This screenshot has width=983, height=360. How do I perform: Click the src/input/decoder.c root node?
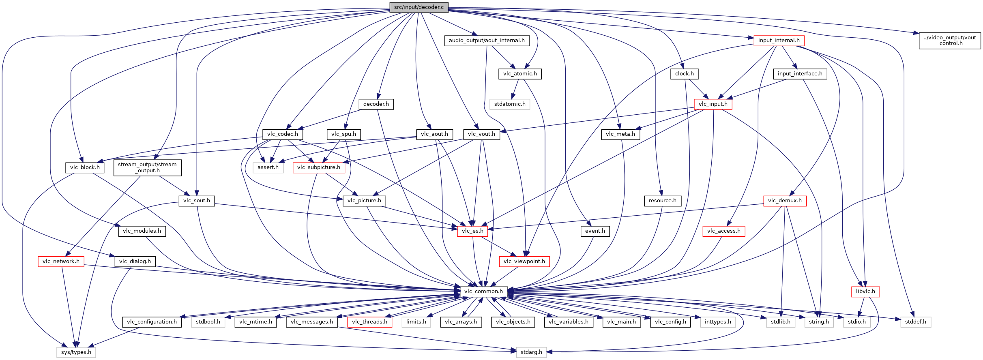click(x=419, y=7)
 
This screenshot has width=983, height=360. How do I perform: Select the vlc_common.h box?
click(x=483, y=291)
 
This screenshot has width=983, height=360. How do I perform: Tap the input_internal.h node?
click(x=779, y=41)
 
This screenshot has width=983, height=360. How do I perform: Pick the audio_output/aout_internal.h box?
click(x=486, y=41)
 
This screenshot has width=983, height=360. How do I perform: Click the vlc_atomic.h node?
click(x=520, y=74)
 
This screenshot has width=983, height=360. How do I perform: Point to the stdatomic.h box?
click(x=510, y=104)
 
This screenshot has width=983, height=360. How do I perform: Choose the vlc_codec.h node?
click(x=283, y=134)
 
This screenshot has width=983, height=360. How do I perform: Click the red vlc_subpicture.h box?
click(x=319, y=167)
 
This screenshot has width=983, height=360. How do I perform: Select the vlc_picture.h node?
click(x=364, y=201)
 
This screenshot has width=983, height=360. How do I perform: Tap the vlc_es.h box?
click(x=472, y=231)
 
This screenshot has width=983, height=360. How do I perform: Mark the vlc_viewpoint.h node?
click(x=524, y=261)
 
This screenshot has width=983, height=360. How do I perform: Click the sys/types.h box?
click(x=76, y=352)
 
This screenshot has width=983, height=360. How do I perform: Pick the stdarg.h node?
click(x=531, y=352)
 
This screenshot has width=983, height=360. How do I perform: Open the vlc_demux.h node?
click(x=785, y=201)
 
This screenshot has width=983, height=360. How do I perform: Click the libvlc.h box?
click(x=865, y=291)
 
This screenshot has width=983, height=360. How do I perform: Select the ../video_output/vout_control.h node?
click(x=950, y=41)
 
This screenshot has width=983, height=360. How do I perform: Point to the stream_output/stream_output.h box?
click(x=147, y=167)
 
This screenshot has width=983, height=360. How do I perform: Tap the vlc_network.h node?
click(x=61, y=261)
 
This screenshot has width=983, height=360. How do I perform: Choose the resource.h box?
click(x=662, y=201)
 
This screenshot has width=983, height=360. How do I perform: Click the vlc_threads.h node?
click(x=369, y=322)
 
